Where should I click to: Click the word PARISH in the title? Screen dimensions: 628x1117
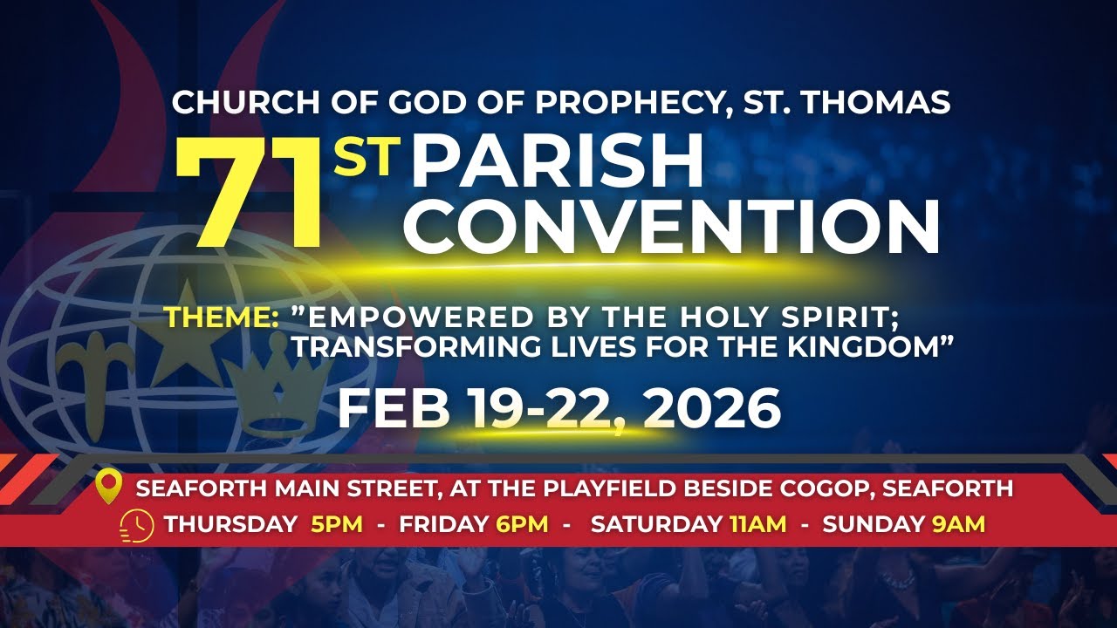click(x=557, y=164)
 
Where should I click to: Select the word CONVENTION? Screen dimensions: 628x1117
click(x=670, y=227)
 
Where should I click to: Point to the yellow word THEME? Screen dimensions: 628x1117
click(x=222, y=317)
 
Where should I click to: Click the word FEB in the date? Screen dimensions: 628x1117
click(x=393, y=408)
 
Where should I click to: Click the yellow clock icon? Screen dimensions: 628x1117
click(x=138, y=525)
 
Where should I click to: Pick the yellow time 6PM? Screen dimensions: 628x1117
click(x=522, y=525)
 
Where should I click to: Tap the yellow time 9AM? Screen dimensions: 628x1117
click(x=957, y=525)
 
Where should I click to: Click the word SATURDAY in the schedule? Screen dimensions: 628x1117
click(x=655, y=525)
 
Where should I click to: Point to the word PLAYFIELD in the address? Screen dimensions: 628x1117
click(x=614, y=488)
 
